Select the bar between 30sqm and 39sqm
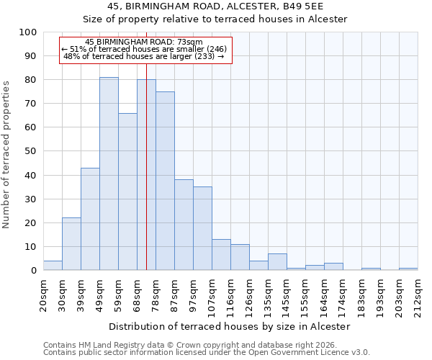71,244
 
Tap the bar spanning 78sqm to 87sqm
165,181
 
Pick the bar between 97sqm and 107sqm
202,228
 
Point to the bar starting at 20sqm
53,266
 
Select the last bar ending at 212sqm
408,269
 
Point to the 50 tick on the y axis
30,151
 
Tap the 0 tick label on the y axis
33,271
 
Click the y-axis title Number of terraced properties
7,154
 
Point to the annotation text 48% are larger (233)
144,56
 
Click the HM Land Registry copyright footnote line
194,345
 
